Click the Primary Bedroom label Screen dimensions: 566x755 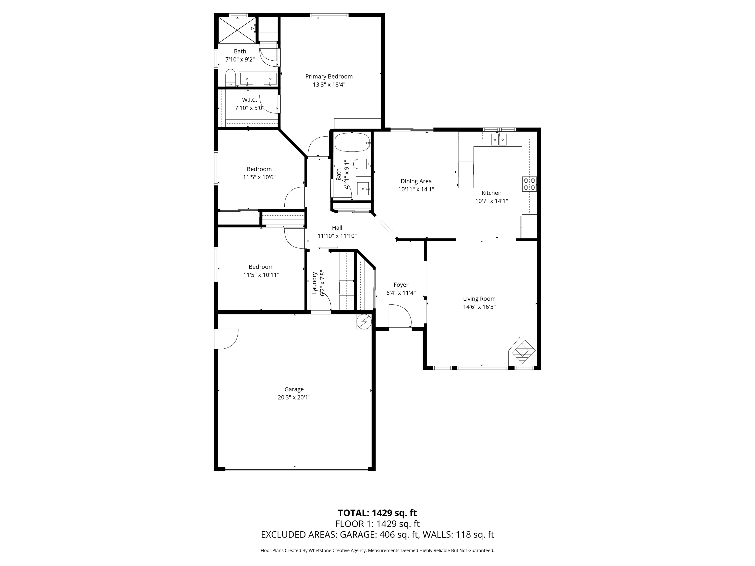coord(329,76)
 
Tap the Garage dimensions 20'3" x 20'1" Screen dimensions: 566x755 coord(294,397)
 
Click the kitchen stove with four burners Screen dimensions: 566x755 coord(529,184)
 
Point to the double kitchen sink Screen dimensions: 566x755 coord(499,140)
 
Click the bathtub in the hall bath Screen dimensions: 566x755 coord(352,143)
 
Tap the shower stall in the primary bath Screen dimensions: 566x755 coord(237,30)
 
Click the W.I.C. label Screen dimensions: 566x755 coord(249,100)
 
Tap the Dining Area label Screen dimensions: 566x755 coord(416,181)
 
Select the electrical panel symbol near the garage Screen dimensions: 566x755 coord(364,321)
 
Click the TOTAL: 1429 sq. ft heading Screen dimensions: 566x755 coord(377,513)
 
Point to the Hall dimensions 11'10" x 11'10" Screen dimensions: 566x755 coord(337,236)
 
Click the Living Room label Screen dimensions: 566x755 coord(479,299)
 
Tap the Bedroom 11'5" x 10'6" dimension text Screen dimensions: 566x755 coord(259,177)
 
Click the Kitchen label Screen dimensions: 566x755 coord(491,193)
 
